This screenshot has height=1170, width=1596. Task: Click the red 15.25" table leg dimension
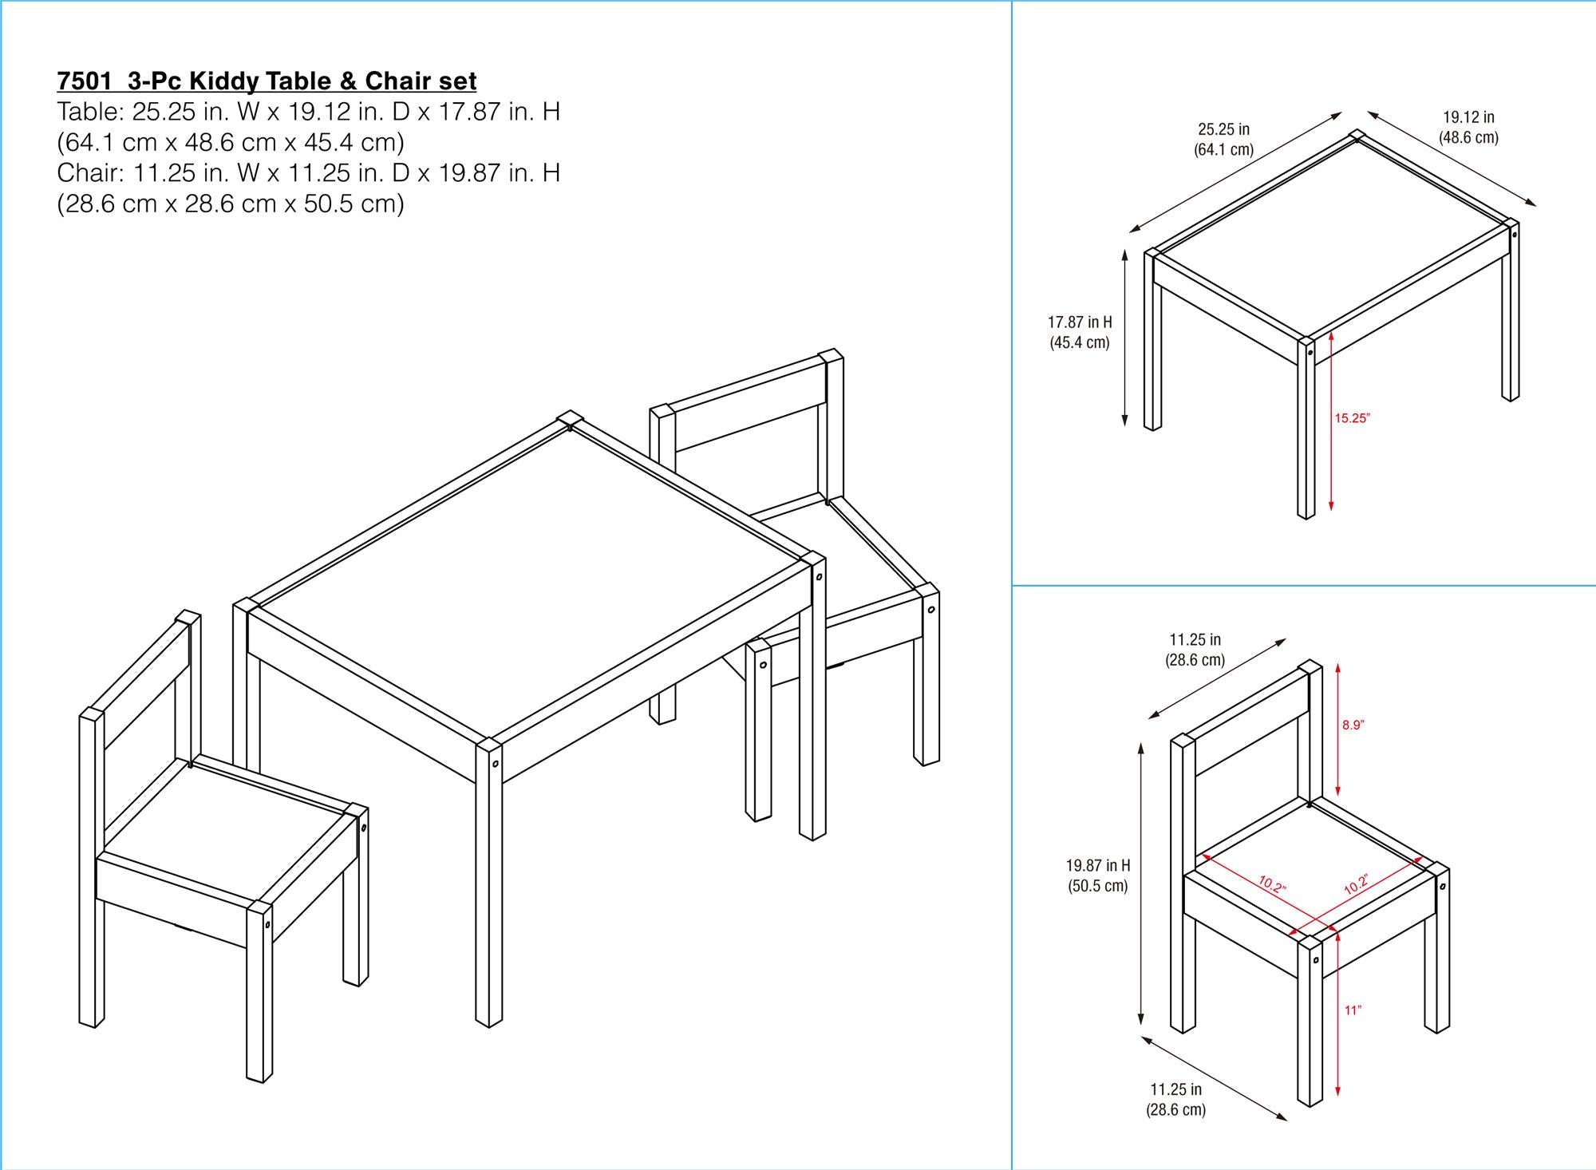click(x=1352, y=417)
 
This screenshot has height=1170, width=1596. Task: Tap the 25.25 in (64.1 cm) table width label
click(x=1223, y=139)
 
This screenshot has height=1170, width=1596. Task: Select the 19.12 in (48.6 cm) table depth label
click(x=1468, y=127)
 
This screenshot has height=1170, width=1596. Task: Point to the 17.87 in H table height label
click(x=1079, y=322)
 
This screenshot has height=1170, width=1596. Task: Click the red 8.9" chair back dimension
click(x=1353, y=725)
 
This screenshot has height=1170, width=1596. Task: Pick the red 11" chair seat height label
click(x=1352, y=1010)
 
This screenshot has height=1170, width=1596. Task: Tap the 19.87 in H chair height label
click(x=1098, y=865)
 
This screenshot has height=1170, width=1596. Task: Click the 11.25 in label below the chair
click(x=1175, y=1089)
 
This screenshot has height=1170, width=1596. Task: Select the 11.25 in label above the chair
click(x=1195, y=639)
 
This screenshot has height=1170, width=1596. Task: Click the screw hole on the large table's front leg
click(x=496, y=764)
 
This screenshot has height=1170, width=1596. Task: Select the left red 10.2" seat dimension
click(x=1272, y=884)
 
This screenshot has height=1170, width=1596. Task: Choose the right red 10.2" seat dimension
click(x=1356, y=884)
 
